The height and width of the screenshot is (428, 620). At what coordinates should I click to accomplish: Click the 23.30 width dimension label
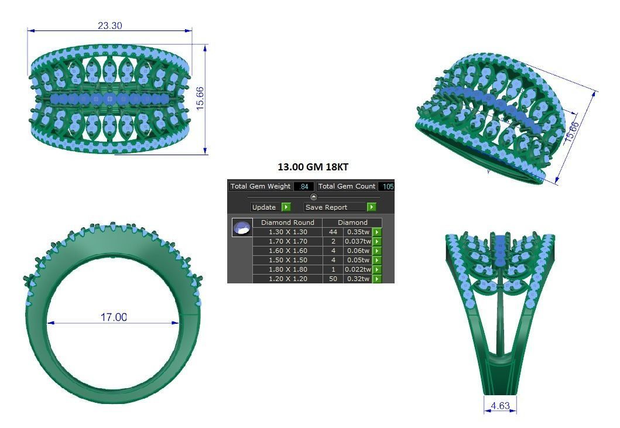tap(109, 26)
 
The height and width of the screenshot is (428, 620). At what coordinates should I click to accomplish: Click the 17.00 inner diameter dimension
tap(114, 317)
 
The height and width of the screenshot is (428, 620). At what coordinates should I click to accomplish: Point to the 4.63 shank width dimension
tap(500, 405)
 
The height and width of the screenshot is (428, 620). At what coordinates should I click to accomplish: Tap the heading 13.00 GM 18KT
tap(313, 167)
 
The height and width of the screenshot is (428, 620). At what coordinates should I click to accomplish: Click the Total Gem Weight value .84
tap(304, 186)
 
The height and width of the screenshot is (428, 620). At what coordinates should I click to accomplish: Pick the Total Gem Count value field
tap(386, 186)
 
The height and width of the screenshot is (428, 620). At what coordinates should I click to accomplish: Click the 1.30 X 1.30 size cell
tap(287, 232)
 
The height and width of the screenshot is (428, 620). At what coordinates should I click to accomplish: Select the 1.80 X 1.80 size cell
tap(287, 269)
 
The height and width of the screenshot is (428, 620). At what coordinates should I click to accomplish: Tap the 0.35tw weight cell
tap(357, 232)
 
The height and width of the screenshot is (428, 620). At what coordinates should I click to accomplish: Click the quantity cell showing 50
tap(332, 279)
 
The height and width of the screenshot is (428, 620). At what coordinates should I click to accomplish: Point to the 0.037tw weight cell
tap(357, 241)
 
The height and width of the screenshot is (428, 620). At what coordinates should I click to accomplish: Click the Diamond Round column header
tap(287, 222)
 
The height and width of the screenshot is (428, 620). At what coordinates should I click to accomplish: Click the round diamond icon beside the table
tap(242, 228)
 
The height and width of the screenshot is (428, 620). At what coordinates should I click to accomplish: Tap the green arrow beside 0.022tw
tap(377, 269)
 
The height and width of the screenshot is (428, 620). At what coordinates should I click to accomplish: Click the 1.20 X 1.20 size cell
tap(287, 279)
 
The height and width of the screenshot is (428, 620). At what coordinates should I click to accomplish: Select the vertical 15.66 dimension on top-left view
tap(200, 98)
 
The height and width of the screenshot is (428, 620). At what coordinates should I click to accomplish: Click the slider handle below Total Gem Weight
tap(313, 197)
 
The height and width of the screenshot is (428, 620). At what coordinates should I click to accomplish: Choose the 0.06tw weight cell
tap(357, 251)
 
